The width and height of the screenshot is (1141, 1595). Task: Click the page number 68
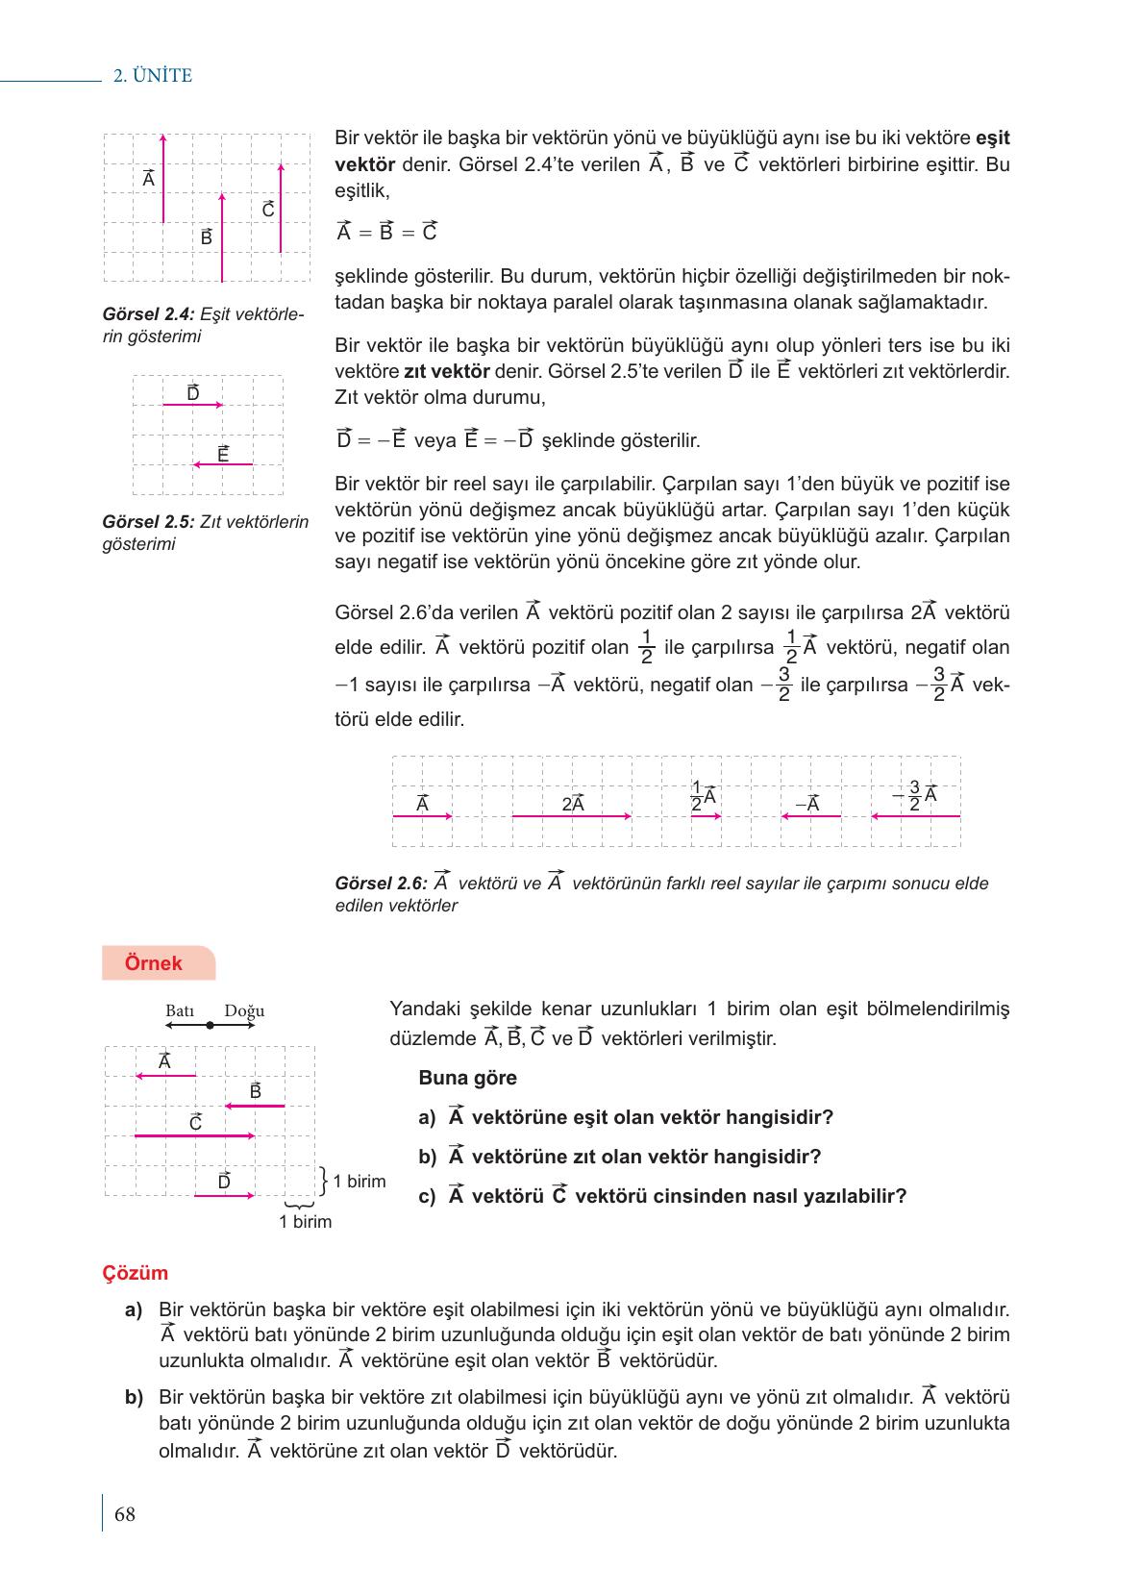(x=125, y=1515)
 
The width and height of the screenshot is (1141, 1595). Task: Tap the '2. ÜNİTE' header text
(x=153, y=76)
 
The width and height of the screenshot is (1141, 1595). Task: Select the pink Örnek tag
(x=154, y=963)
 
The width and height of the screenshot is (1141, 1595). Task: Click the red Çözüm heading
(x=136, y=1273)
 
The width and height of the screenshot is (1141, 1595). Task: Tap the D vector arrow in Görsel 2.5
(x=193, y=406)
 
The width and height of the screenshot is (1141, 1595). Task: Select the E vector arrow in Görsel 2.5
(x=223, y=464)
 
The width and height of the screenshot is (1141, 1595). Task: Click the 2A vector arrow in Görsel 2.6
(x=572, y=816)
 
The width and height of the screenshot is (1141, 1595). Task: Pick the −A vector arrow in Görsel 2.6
(x=811, y=816)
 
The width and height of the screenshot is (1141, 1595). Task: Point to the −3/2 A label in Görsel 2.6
(x=914, y=796)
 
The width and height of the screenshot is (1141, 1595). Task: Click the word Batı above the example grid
(x=180, y=1010)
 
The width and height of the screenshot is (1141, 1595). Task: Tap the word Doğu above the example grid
(x=244, y=1010)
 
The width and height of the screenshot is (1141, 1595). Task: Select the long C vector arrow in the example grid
(x=195, y=1136)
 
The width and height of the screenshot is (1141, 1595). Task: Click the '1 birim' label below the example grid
(x=305, y=1222)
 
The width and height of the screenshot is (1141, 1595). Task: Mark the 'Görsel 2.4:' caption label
(x=148, y=314)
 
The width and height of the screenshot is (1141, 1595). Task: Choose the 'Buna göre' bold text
(x=467, y=1078)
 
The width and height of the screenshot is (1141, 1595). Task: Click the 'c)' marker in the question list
(x=427, y=1196)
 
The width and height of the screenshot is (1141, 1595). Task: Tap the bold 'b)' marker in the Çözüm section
(x=134, y=1397)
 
